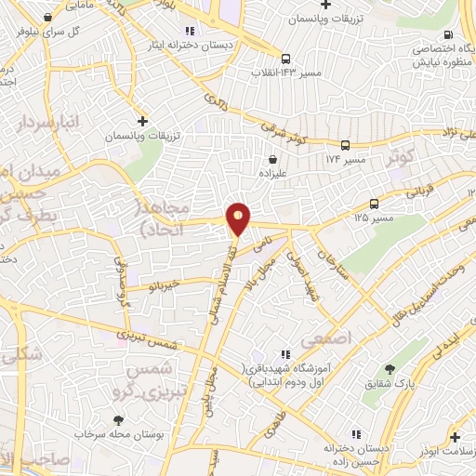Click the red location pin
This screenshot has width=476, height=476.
coord(239,218)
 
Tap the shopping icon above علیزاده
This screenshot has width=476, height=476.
coord(272,159)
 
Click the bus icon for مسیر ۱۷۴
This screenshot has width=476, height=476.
coord(345,145)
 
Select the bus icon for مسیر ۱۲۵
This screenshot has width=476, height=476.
coord(374,204)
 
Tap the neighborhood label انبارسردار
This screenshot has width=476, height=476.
coord(47,123)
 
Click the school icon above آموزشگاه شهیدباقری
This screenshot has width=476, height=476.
coord(285,353)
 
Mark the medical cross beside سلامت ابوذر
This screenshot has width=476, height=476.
coord(454,436)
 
